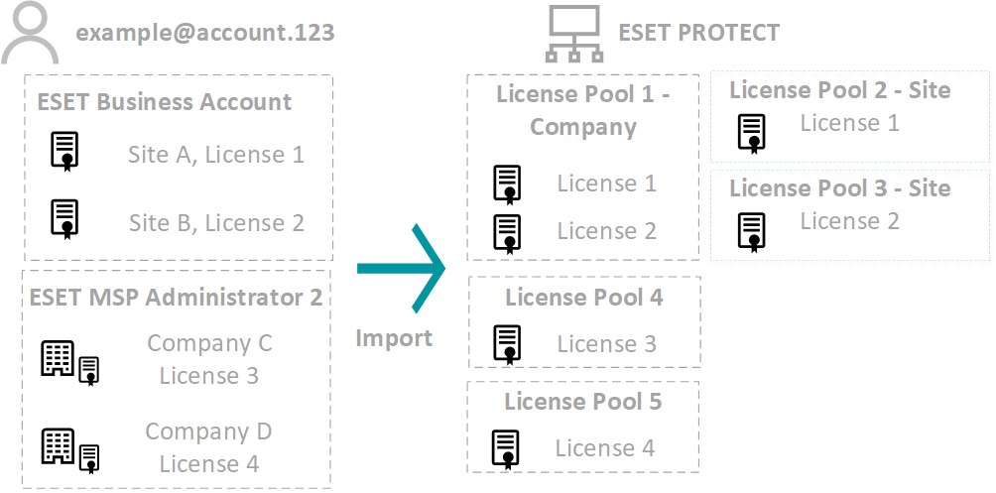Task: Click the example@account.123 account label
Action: [205, 33]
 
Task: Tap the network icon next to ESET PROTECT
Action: [573, 33]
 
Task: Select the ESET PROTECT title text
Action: [698, 33]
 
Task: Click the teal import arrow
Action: [403, 268]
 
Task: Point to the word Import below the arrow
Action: [394, 338]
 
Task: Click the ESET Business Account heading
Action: [165, 102]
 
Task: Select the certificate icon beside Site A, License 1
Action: [65, 152]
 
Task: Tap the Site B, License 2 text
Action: [216, 223]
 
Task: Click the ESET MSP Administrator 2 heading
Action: [176, 297]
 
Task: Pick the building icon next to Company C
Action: [59, 358]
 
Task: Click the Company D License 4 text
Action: [208, 447]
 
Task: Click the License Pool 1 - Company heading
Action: [583, 110]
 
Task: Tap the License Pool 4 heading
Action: [584, 297]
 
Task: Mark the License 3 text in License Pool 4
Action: [606, 344]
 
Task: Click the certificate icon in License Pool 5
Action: [506, 448]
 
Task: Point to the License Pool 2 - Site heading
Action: [839, 90]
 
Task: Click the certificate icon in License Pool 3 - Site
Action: [751, 229]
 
